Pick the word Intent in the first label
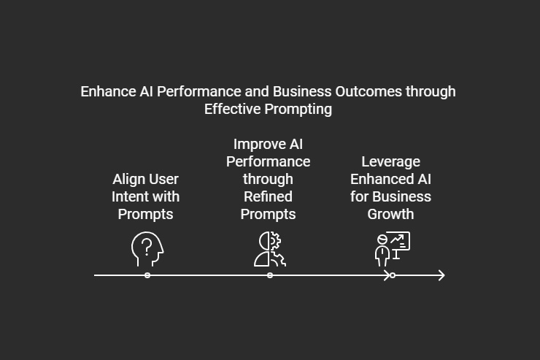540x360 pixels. click(128, 196)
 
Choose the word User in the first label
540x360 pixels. click(163, 179)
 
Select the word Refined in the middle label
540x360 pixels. click(268, 196)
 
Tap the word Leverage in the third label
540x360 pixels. click(390, 161)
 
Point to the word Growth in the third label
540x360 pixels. click(390, 214)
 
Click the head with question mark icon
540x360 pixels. click(146, 249)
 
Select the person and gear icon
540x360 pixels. click(269, 249)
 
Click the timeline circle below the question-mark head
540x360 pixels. click(147, 275)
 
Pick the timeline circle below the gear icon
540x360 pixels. click(270, 275)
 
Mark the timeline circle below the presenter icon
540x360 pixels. click(393, 275)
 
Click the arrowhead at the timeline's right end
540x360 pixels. click(441, 275)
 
